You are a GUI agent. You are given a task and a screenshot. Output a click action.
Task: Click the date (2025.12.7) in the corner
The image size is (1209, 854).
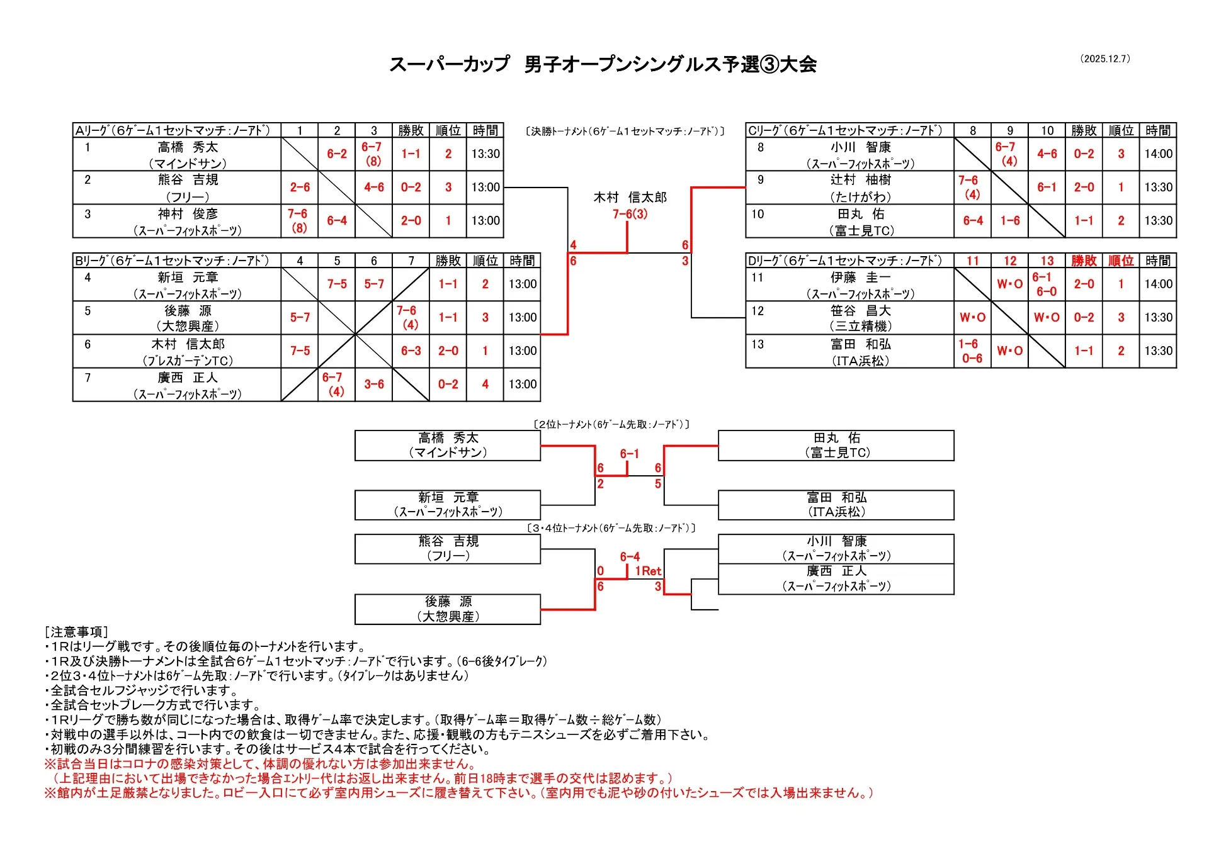pos(1105,59)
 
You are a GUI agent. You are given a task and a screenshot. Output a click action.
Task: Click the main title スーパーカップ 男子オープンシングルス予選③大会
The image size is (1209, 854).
pos(603,64)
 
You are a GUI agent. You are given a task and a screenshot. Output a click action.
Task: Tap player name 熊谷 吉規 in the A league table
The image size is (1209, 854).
pos(188,180)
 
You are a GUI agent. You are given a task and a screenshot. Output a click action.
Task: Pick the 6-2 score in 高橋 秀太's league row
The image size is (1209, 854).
pos(337,154)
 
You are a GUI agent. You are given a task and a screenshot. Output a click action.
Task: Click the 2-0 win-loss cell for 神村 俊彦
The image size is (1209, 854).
pos(411,221)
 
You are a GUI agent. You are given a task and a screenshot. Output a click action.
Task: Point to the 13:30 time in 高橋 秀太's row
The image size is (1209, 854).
pos(485,154)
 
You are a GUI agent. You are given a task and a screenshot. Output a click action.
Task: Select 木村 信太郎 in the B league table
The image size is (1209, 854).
pos(188,344)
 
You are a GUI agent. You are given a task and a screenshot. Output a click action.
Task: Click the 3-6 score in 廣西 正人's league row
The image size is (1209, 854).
pos(374,384)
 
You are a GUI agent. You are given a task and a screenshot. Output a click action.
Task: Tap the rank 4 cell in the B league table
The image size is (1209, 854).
pos(485,384)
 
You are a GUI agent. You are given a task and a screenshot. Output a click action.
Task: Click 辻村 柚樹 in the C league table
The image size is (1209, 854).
pos(860,180)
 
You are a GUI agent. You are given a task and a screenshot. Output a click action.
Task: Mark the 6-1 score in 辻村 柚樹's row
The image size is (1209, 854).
pos(1047,187)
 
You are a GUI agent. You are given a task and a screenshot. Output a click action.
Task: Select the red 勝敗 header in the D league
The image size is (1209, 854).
pos(1084,261)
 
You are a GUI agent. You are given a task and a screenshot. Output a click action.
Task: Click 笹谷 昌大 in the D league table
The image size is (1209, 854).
pos(860,311)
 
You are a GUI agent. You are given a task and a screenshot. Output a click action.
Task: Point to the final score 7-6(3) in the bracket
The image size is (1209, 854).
pos(630,214)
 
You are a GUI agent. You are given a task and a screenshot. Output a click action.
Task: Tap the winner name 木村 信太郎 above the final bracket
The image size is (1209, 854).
pos(630,198)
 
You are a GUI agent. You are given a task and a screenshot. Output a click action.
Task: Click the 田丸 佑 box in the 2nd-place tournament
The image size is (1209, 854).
pos(836,445)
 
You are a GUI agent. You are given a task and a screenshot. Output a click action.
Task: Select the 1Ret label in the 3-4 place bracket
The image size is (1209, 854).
pos(648,571)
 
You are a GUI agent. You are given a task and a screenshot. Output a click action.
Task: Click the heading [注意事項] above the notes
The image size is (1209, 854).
pos(76,632)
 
